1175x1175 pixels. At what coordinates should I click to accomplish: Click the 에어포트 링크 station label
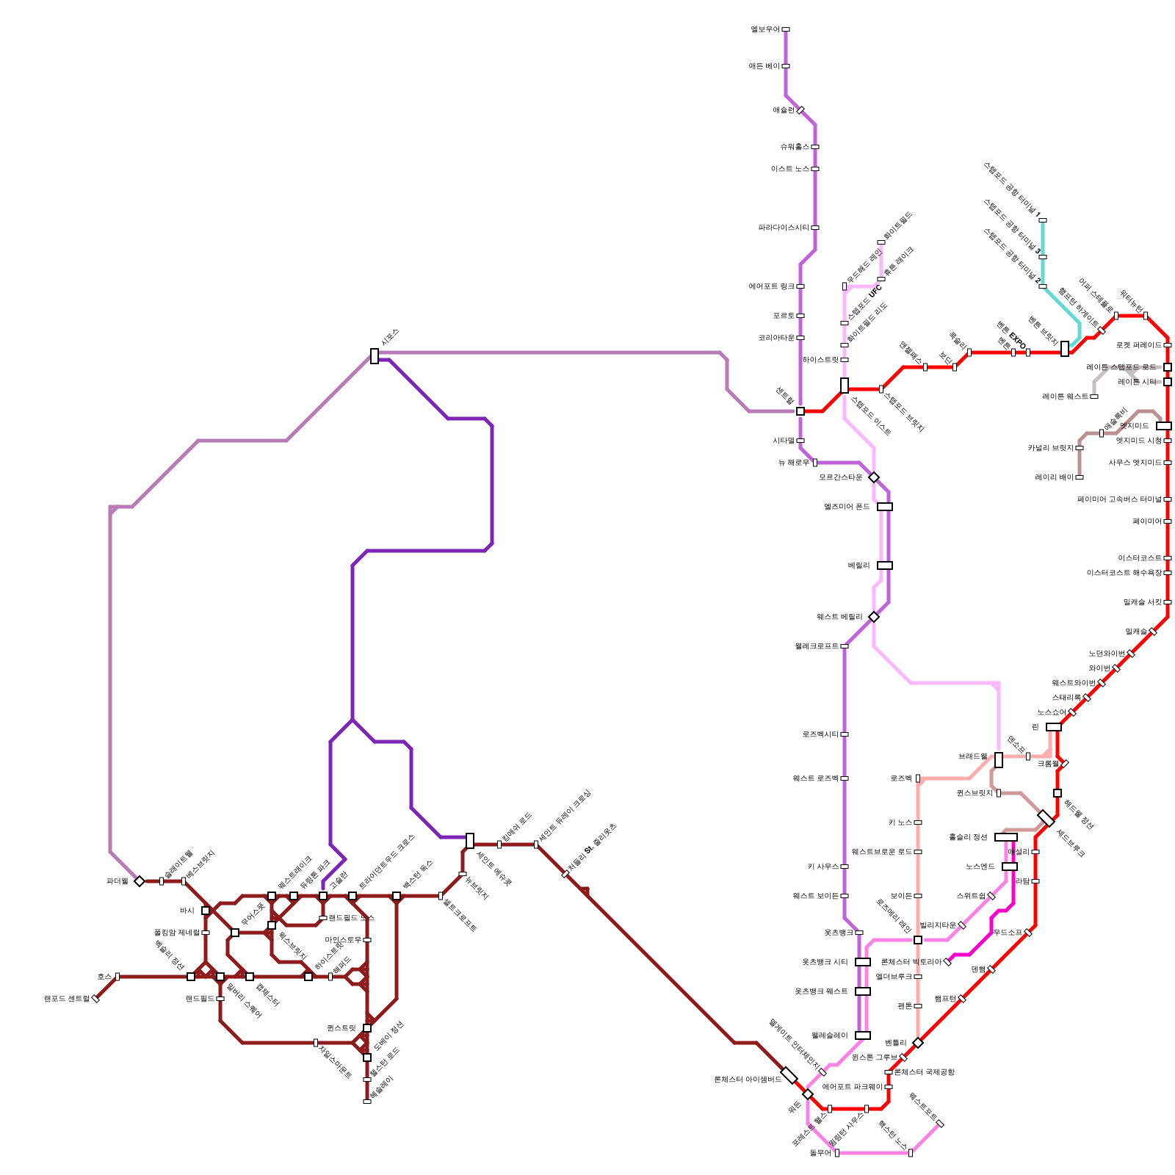(x=772, y=286)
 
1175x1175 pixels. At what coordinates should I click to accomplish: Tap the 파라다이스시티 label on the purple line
(x=784, y=228)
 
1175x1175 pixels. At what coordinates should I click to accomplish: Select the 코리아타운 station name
(x=776, y=338)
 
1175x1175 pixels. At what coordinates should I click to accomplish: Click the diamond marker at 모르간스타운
(x=874, y=477)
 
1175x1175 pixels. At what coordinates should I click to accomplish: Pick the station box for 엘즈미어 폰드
(x=885, y=507)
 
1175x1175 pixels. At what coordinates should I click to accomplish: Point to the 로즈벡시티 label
(x=820, y=734)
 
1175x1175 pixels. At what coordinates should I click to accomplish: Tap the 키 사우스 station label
(x=822, y=867)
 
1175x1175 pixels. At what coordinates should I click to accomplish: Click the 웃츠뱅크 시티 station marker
(x=863, y=962)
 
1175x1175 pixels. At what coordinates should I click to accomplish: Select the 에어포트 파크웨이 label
(x=852, y=1087)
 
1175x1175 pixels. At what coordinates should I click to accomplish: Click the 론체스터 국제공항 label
(x=925, y=1072)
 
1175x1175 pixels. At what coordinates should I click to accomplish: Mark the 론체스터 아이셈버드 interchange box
(x=789, y=1076)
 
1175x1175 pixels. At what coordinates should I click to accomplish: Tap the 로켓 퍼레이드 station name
(x=1138, y=345)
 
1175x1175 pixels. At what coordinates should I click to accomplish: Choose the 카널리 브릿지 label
(x=1050, y=448)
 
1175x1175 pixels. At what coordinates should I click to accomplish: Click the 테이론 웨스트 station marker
(x=1094, y=397)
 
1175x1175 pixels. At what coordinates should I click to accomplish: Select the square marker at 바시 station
(x=206, y=911)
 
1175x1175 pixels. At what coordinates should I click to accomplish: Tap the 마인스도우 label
(x=343, y=940)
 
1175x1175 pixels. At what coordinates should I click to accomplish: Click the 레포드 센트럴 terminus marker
(x=95, y=999)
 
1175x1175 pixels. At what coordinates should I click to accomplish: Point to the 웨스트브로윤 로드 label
(x=881, y=852)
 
